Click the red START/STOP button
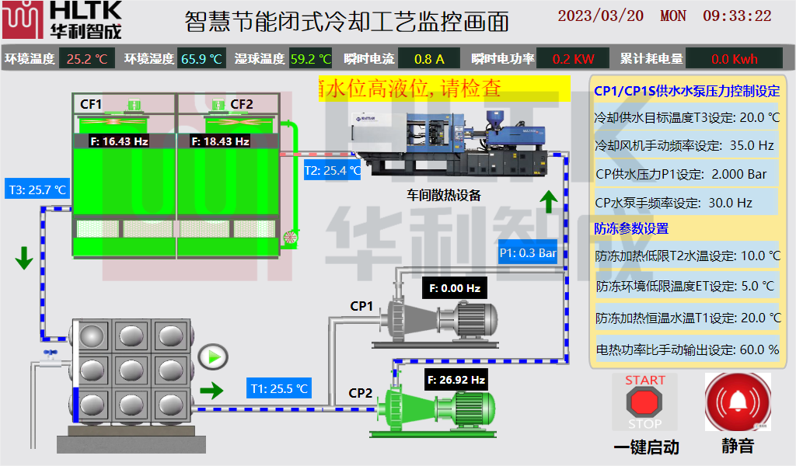tap(644, 402)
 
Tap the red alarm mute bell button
tap(737, 402)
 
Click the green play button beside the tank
tap(212, 358)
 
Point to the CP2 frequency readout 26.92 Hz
tap(456, 380)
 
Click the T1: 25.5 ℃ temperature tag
tap(280, 388)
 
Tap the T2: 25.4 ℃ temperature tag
tap(332, 170)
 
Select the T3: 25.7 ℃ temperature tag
tap(37, 189)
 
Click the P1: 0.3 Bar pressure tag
tap(528, 252)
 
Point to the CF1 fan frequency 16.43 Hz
tap(119, 141)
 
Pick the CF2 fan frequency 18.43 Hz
tap(220, 141)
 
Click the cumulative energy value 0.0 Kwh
tap(734, 59)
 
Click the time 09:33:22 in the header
tap(737, 16)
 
